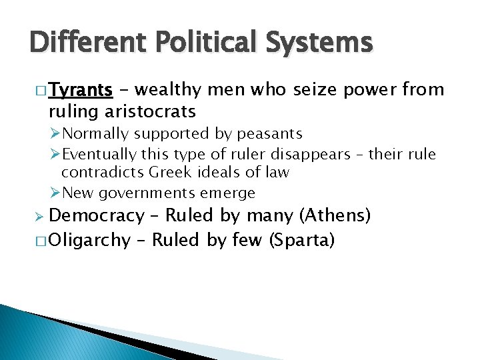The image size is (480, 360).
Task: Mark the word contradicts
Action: coord(103,173)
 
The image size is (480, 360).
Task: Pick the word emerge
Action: coord(229,193)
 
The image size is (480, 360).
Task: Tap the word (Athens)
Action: coord(335,215)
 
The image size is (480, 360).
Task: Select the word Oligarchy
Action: coord(89,239)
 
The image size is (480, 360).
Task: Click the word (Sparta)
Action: coord(301,239)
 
